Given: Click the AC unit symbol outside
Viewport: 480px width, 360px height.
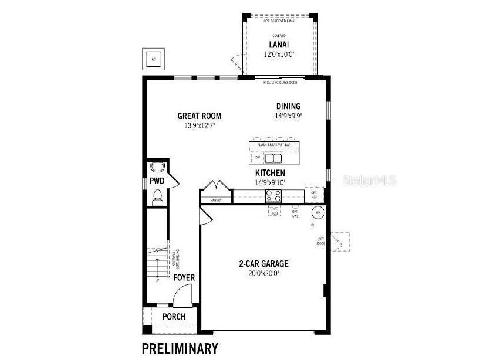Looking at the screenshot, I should point(154,59).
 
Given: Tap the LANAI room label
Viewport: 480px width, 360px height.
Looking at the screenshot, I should point(278,45).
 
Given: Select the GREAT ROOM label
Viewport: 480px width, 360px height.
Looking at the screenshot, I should point(200,116).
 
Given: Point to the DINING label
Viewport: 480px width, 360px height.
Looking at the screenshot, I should point(288,106).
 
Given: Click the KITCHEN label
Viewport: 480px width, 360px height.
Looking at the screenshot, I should point(270,173).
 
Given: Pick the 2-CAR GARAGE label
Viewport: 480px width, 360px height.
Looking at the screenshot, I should point(263,263).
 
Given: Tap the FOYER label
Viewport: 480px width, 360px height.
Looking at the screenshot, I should point(184,277).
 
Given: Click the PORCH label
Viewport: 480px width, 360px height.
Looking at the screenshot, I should point(174,317).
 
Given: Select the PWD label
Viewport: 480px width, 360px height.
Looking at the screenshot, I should point(156,181).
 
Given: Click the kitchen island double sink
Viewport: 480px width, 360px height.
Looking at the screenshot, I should point(273,157).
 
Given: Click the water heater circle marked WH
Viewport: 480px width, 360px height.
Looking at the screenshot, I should point(317,212).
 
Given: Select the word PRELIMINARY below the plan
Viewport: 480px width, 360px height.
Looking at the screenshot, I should point(180,348).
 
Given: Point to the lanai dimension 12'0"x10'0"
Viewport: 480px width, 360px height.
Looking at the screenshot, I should point(278,54).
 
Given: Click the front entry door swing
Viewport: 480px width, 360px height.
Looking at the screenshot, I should point(182,294).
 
